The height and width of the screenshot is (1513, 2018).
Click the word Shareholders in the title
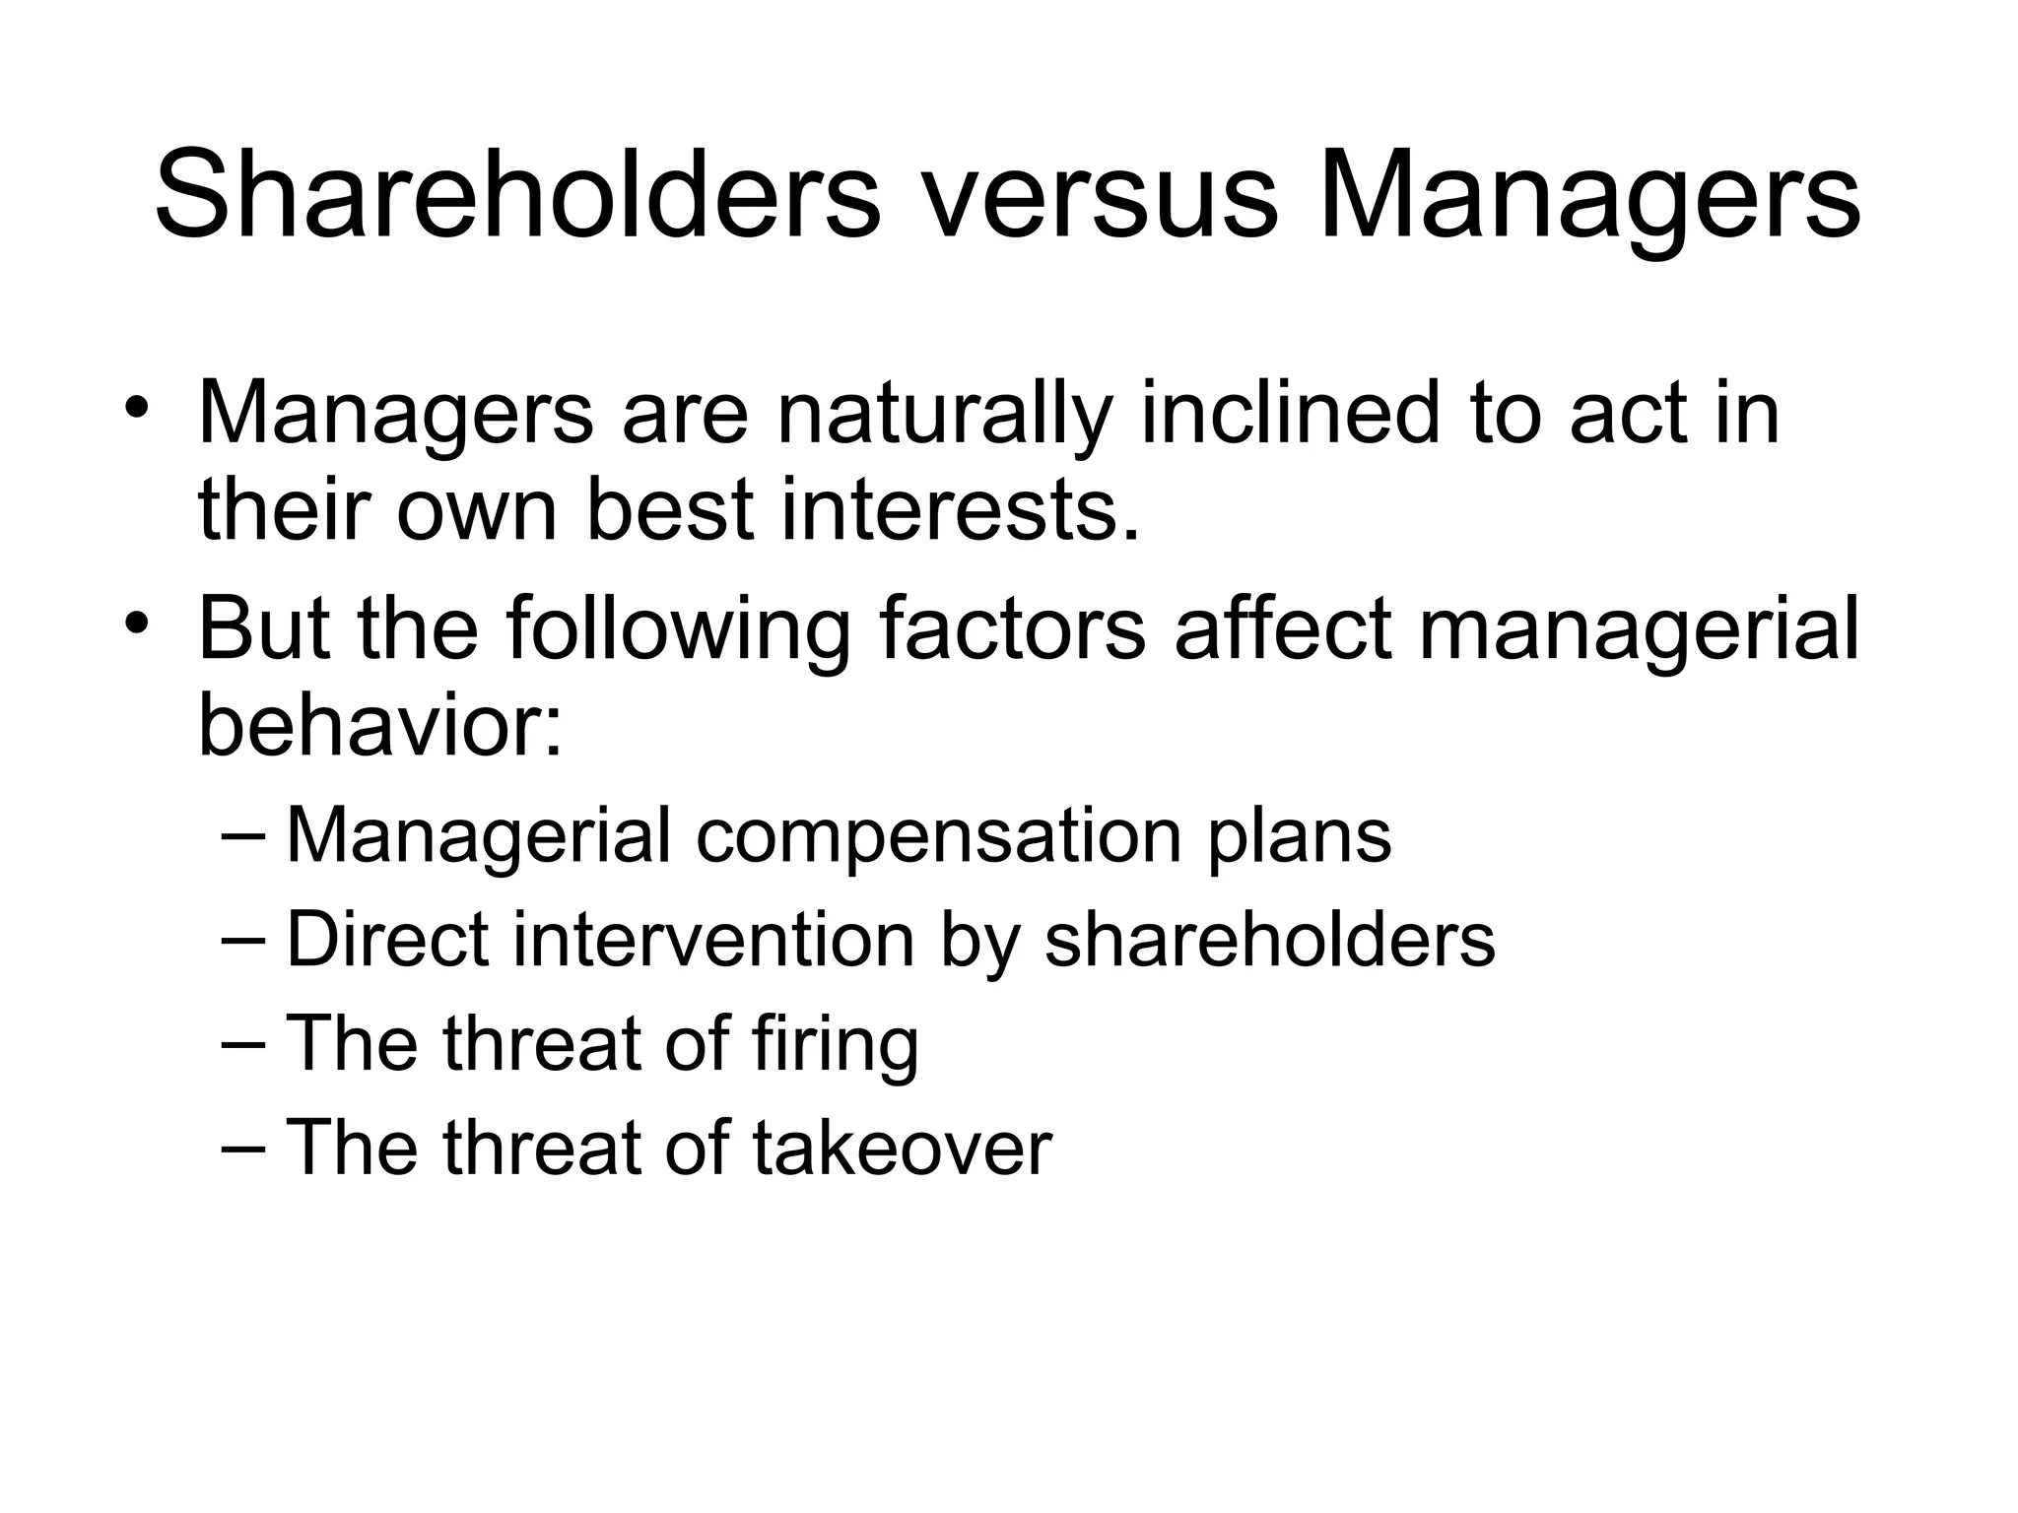(x=517, y=194)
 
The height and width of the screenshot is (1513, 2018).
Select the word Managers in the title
(x=1590, y=194)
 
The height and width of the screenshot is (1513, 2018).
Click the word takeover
(x=903, y=1148)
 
